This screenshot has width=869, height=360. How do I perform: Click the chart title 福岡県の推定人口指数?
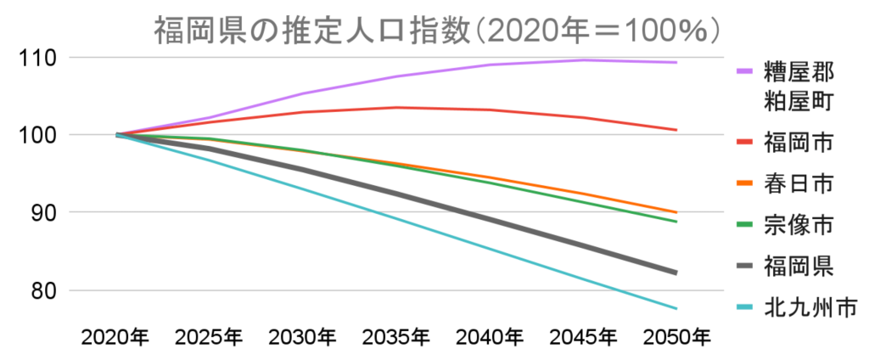tap(438, 31)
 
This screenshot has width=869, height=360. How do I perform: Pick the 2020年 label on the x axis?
tap(115, 338)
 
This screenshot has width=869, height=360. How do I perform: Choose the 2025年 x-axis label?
tap(209, 338)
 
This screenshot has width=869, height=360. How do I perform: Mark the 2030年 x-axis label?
tap(302, 338)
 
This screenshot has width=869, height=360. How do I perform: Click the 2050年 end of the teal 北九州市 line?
tap(676, 308)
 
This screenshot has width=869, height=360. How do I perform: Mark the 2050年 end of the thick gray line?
tap(676, 273)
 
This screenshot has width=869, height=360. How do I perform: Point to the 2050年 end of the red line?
tap(676, 130)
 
